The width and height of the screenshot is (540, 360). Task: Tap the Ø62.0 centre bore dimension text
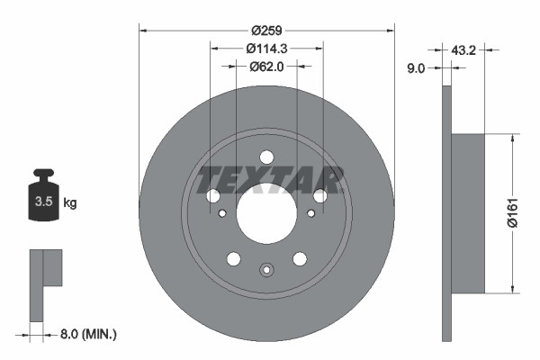coord(266,66)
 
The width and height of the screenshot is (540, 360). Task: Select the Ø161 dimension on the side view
coord(510,214)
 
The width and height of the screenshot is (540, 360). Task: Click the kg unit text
coord(70,203)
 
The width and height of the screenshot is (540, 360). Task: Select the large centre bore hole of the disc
coord(266,213)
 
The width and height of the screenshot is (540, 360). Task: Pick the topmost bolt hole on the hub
coord(266,157)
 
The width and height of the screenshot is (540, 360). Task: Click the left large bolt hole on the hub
coord(213,196)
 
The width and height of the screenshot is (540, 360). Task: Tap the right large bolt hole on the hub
coord(319,196)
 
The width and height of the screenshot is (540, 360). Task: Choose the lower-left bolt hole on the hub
coord(234,259)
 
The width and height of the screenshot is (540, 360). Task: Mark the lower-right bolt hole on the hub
coord(300,259)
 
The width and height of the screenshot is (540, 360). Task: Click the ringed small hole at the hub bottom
coord(266,269)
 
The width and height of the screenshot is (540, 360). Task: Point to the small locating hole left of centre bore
coord(222,213)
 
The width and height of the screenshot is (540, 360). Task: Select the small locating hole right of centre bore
coord(310,213)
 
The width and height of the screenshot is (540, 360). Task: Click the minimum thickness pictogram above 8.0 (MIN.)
coord(44,279)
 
